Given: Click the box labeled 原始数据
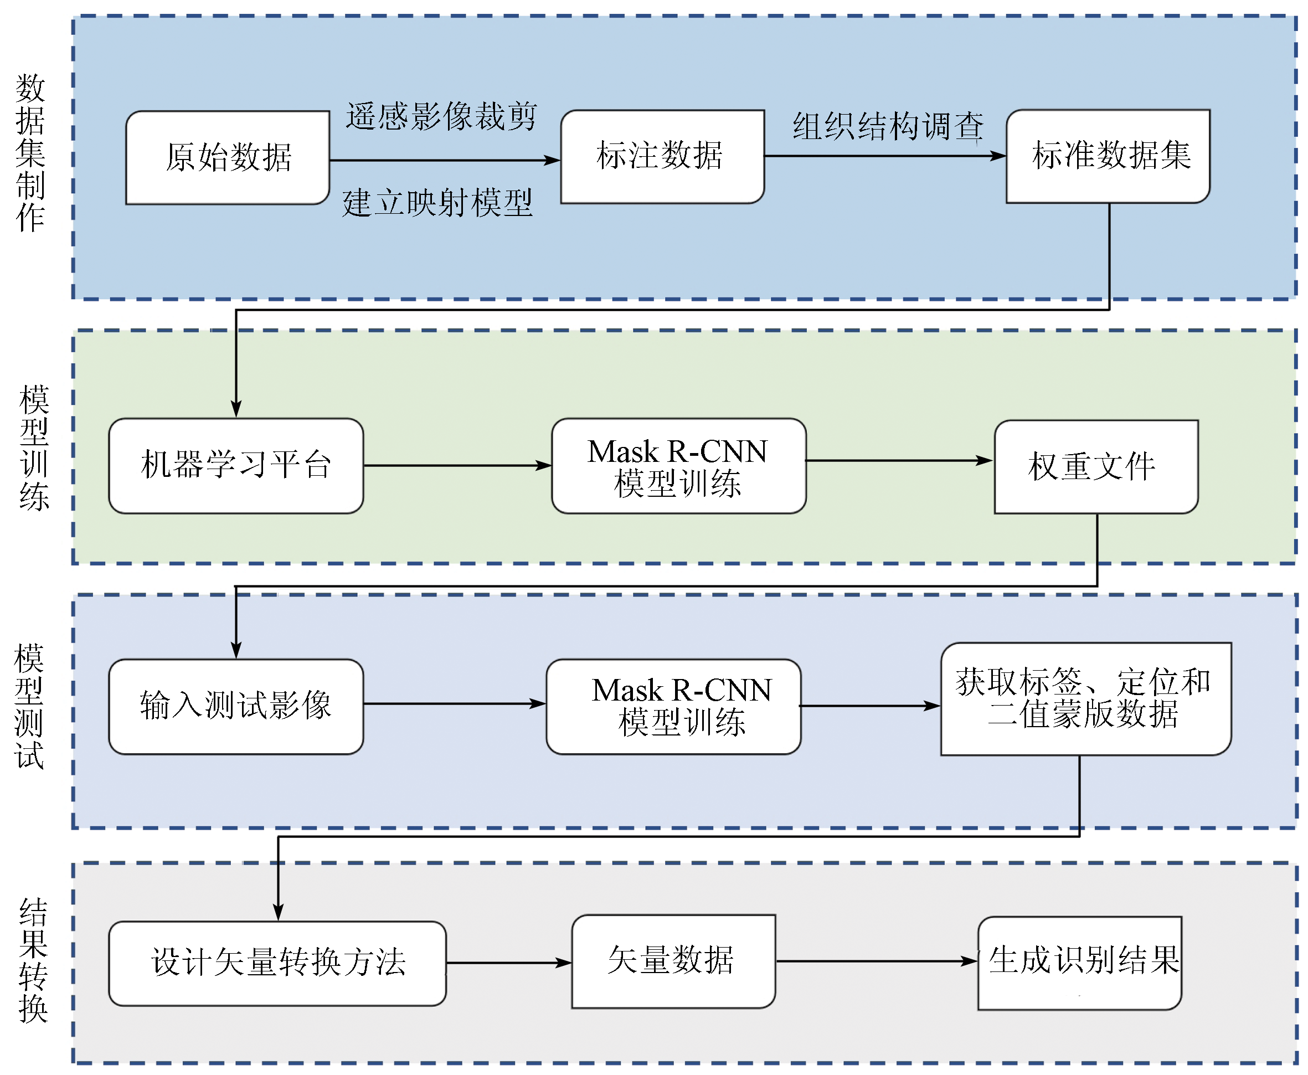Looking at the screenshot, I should tap(227, 157).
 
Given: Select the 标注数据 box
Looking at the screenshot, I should tap(662, 156).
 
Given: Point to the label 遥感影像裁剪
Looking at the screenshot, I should tap(441, 116).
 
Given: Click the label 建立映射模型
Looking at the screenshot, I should tap(437, 203).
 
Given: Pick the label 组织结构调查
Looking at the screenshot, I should tap(888, 126).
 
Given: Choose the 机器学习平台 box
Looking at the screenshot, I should tap(235, 465).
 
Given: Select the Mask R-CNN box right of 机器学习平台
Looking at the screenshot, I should tap(678, 466).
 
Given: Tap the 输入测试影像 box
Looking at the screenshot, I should tap(235, 706).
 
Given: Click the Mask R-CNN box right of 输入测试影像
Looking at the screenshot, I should tap(673, 706).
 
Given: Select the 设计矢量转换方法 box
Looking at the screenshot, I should tap(277, 963).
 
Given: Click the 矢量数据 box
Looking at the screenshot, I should tap(673, 961).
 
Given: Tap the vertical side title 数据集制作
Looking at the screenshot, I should tap(30, 153).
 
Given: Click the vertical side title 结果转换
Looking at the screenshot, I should tap(33, 960).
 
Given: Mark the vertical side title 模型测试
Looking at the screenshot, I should tap(29, 706).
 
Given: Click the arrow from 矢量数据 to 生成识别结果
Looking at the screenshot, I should tap(876, 961).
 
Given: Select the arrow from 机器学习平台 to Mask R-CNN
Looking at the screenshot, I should tap(457, 465).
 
